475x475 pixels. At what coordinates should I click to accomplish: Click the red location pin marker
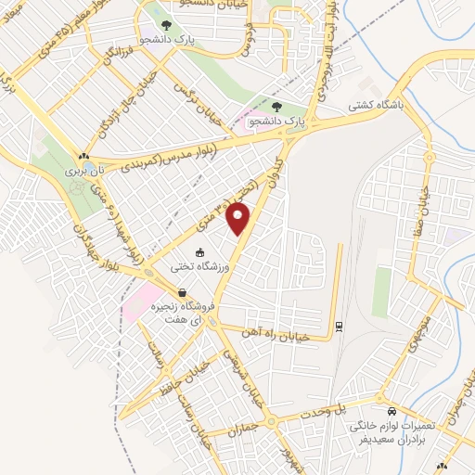(x=239, y=219)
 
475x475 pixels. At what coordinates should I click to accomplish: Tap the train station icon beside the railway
(x=339, y=326)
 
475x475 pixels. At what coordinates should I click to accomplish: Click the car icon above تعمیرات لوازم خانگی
(x=392, y=409)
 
